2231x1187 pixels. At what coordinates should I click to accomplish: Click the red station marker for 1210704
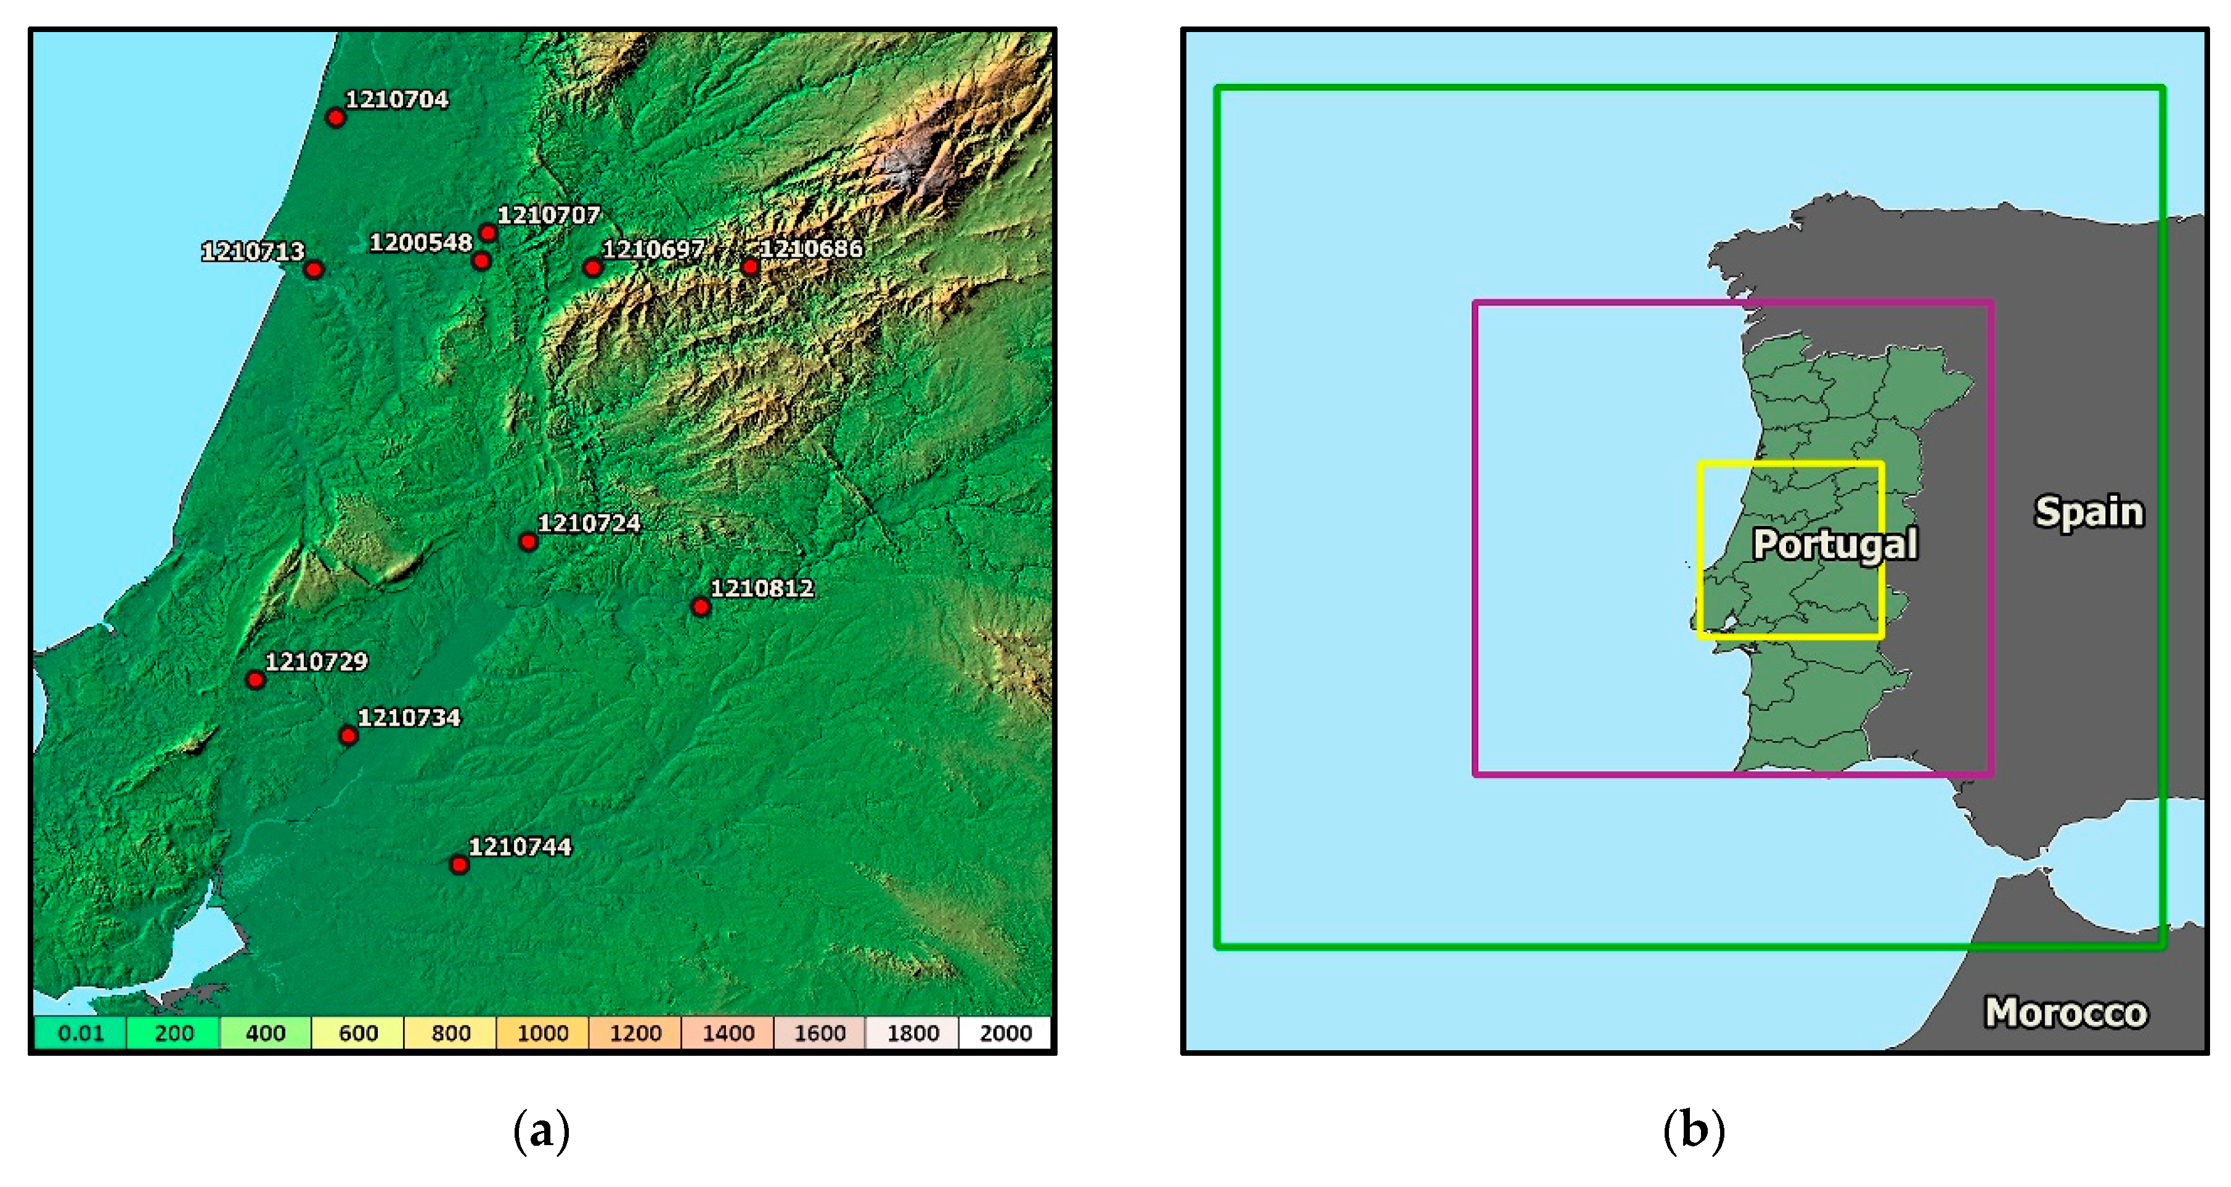335,118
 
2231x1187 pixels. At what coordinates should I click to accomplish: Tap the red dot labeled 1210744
459,865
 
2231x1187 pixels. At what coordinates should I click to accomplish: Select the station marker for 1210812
701,607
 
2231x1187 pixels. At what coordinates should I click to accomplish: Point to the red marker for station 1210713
314,270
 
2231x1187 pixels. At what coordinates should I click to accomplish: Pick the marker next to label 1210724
528,542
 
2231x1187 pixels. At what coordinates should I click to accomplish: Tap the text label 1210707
549,215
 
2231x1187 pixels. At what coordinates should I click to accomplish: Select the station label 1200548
421,243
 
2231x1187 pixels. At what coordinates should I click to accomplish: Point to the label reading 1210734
409,718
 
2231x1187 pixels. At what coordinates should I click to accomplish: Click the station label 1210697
653,250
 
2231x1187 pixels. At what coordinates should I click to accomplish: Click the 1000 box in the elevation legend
542,1033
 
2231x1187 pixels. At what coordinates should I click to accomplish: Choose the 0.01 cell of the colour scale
81,1033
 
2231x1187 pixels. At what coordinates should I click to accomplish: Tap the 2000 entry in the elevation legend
1005,1033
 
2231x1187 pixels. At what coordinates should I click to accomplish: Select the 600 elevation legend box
357,1033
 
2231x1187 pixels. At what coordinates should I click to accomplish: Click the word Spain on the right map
2088,512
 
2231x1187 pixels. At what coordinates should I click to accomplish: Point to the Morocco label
2066,1012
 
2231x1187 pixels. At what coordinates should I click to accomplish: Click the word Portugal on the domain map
1834,545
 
